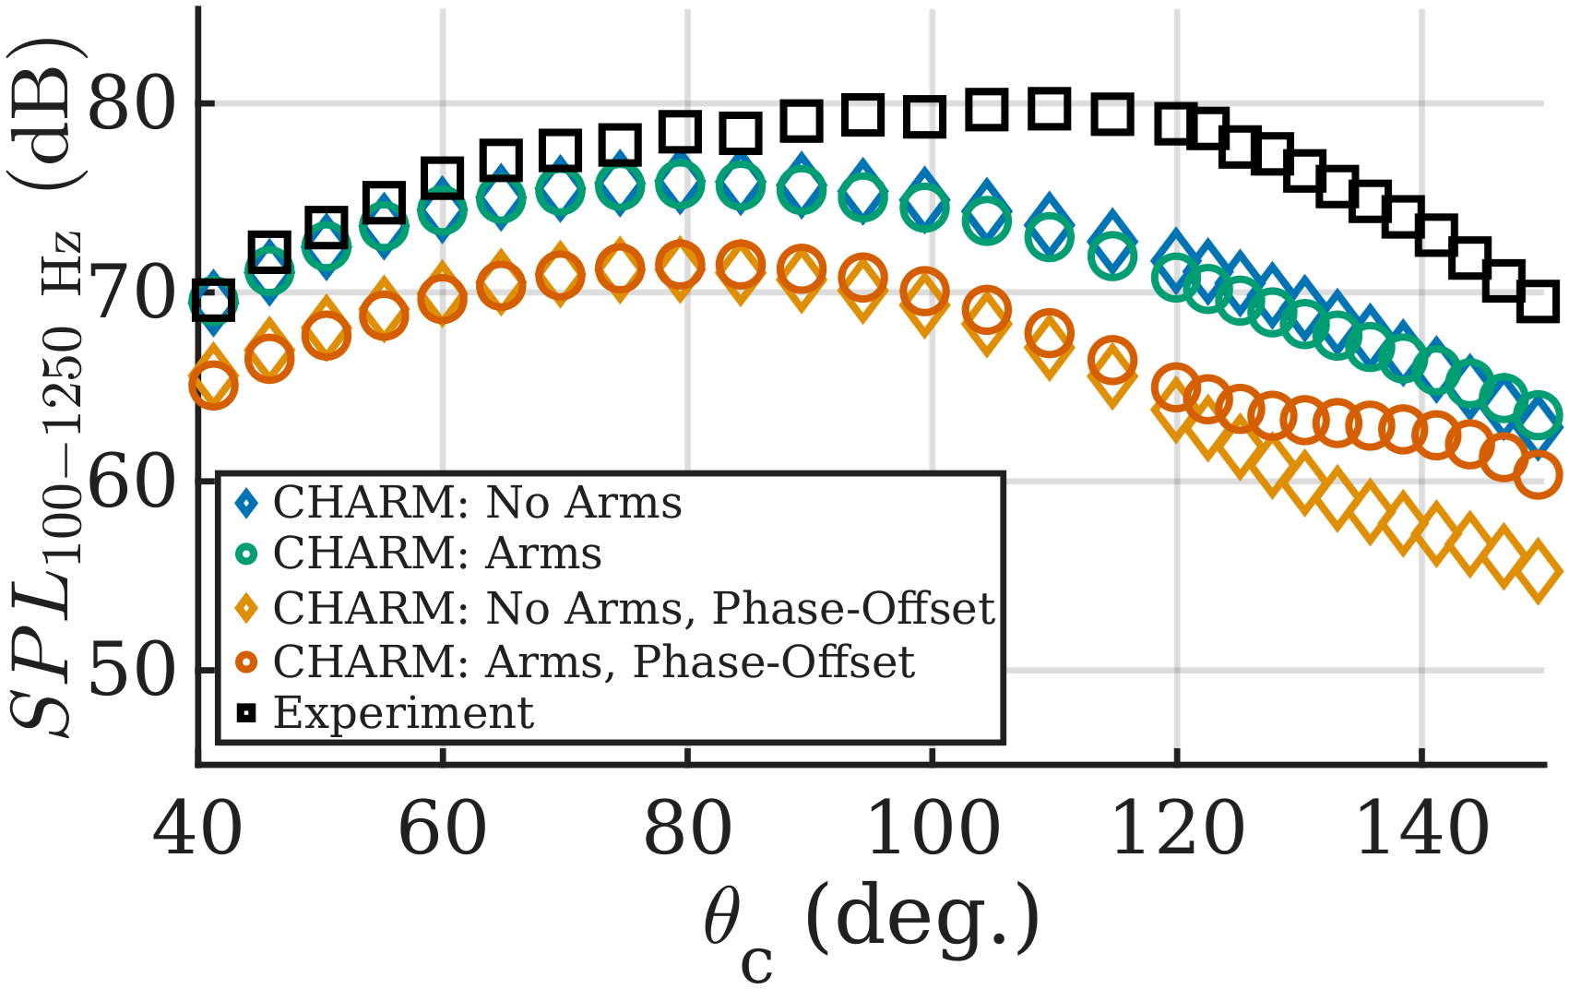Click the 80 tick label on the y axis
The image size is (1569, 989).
[x=131, y=104]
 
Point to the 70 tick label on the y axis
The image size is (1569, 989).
[x=131, y=293]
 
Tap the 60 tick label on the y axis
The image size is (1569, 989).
[x=131, y=483]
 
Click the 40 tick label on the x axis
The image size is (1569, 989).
[x=197, y=829]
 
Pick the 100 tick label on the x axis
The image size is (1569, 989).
[x=933, y=829]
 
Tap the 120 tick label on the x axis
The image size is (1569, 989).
[x=1178, y=829]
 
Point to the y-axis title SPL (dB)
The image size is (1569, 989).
[x=46, y=387]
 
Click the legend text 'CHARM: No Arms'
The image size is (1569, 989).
[x=477, y=503]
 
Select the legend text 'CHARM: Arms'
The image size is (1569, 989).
[x=437, y=554]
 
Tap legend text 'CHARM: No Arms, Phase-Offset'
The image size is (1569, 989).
[x=634, y=608]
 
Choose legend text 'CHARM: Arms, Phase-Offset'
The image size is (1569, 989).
[x=593, y=661]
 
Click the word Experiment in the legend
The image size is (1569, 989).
[x=403, y=712]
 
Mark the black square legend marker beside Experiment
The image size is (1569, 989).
[x=246, y=712]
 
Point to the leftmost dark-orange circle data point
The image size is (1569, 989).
[x=213, y=385]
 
